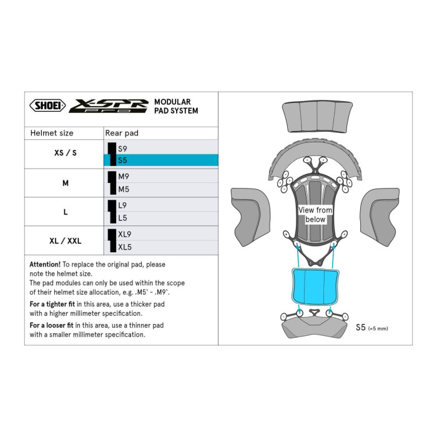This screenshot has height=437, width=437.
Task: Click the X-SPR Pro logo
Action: click(x=108, y=106)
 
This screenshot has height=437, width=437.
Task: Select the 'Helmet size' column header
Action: click(x=52, y=133)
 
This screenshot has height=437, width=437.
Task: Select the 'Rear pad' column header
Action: click(x=122, y=133)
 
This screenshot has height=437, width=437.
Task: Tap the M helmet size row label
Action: click(x=65, y=183)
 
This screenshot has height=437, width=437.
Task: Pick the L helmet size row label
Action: click(x=65, y=212)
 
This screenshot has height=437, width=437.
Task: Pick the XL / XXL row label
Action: click(x=65, y=240)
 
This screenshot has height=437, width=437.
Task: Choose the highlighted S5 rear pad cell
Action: click(x=160, y=160)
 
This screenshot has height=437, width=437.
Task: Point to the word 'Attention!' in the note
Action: click(x=45, y=265)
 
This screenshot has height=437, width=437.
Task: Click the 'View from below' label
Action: click(x=315, y=215)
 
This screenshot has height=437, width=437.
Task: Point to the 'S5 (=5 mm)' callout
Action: click(x=375, y=327)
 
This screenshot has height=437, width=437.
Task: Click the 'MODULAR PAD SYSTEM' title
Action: click(x=175, y=106)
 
